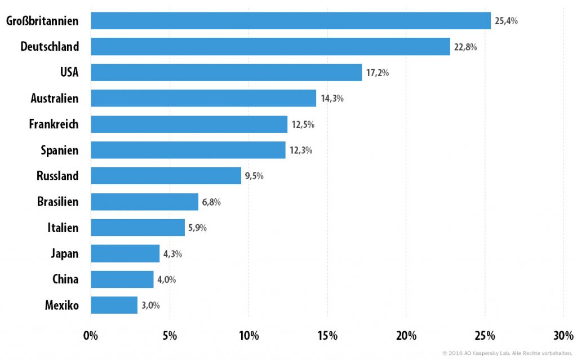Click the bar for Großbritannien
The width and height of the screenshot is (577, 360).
click(291, 21)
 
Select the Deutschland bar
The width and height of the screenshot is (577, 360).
click(270, 46)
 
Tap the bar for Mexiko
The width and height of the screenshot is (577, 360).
click(114, 305)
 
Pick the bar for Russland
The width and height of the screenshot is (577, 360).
click(166, 176)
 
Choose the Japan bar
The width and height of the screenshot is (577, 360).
click(125, 254)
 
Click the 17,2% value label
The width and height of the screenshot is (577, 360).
click(377, 73)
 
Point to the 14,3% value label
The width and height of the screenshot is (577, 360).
click(332, 98)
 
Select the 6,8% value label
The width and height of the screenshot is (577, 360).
click(211, 202)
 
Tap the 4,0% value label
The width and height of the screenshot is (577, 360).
click(166, 279)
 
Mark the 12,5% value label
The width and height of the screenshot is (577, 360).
click(303, 125)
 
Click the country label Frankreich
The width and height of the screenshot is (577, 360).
click(54, 124)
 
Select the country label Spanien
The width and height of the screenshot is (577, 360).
click(60, 150)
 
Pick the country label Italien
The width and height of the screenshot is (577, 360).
click(63, 228)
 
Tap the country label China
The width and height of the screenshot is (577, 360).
click(65, 279)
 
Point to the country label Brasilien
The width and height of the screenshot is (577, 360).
click(58, 202)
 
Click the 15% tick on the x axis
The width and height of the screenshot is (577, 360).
click(327, 336)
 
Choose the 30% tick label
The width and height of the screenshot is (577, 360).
click(563, 336)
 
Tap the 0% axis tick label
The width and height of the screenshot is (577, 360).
click(91, 336)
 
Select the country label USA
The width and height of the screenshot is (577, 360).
click(69, 72)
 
